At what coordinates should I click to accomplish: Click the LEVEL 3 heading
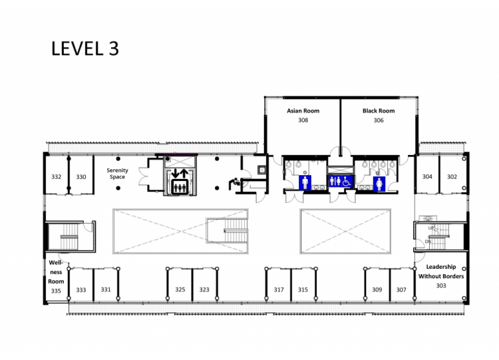click(85, 49)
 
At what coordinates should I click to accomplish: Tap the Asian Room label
click(303, 110)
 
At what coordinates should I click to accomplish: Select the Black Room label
click(379, 110)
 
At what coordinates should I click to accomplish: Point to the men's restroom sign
click(305, 183)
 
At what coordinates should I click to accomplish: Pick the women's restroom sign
click(379, 184)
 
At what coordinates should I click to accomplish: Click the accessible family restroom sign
click(341, 181)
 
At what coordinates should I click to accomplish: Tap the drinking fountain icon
click(234, 183)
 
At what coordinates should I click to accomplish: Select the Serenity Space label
click(117, 174)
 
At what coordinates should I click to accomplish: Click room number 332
click(57, 176)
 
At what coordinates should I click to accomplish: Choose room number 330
click(81, 176)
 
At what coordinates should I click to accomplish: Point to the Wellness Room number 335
click(56, 291)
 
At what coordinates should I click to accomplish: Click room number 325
click(180, 289)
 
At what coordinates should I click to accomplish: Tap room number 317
click(279, 289)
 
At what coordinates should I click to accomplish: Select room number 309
click(377, 289)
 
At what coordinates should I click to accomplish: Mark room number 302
click(452, 176)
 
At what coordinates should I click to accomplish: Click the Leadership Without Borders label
click(441, 271)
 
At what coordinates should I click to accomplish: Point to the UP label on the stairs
click(431, 228)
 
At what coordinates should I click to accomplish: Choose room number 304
click(427, 176)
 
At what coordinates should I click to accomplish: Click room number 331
click(106, 289)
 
